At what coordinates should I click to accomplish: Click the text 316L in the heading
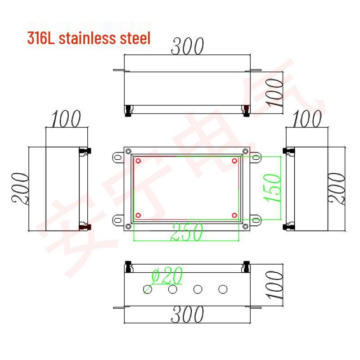coord(41,38)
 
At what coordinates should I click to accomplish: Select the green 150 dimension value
coord(274,187)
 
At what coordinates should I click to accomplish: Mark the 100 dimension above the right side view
coord(307,119)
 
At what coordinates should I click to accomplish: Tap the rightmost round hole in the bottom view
coord(222,289)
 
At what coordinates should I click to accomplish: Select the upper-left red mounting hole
coord(138,161)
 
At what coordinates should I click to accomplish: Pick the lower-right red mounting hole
coord(234,215)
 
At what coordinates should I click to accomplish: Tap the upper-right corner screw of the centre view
coord(245,151)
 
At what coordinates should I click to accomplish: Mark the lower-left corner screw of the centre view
coord(128,226)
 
